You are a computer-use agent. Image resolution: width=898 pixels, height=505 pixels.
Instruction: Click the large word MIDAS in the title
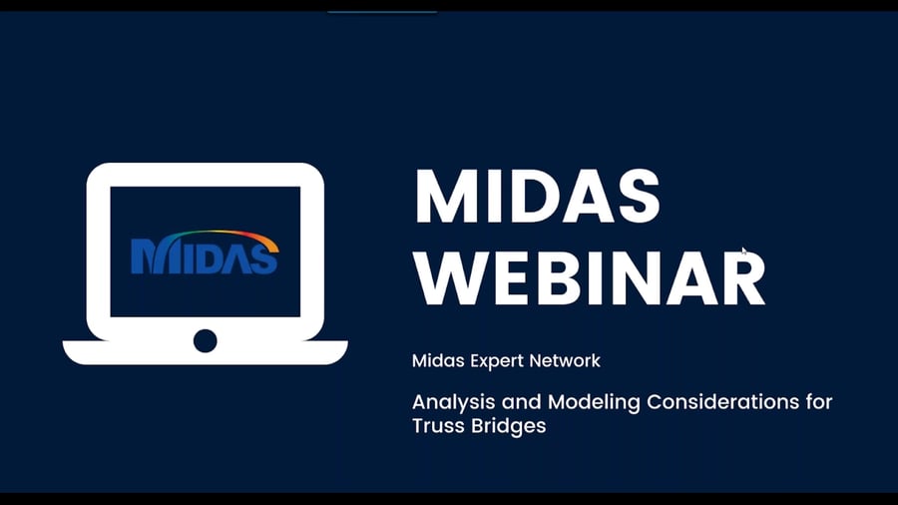point(537,197)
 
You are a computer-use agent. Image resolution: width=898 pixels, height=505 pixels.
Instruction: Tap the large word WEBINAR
point(590,278)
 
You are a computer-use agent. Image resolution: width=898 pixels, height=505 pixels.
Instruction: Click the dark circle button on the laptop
point(205,340)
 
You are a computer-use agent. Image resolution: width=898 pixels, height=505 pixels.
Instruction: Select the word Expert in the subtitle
point(495,361)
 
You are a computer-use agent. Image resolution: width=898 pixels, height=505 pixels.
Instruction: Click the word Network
point(565,360)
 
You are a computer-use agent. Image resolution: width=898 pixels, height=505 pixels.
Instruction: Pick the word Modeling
point(594,402)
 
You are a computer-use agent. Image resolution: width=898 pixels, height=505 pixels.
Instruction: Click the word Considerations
point(723,402)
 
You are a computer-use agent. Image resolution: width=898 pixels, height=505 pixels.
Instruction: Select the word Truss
point(438,426)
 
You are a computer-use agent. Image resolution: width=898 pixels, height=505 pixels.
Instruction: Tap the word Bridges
point(509,426)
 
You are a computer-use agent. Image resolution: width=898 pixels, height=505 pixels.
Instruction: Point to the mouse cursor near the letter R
point(744,252)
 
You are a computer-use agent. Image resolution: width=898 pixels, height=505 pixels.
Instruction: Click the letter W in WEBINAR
point(450,278)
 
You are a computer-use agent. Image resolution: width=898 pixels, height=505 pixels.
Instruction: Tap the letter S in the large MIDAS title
point(638,197)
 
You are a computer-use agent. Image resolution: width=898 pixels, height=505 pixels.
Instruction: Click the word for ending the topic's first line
point(819,401)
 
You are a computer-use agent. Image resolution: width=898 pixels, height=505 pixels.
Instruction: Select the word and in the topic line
point(521,402)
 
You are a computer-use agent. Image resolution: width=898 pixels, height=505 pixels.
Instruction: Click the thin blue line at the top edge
point(382,11)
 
